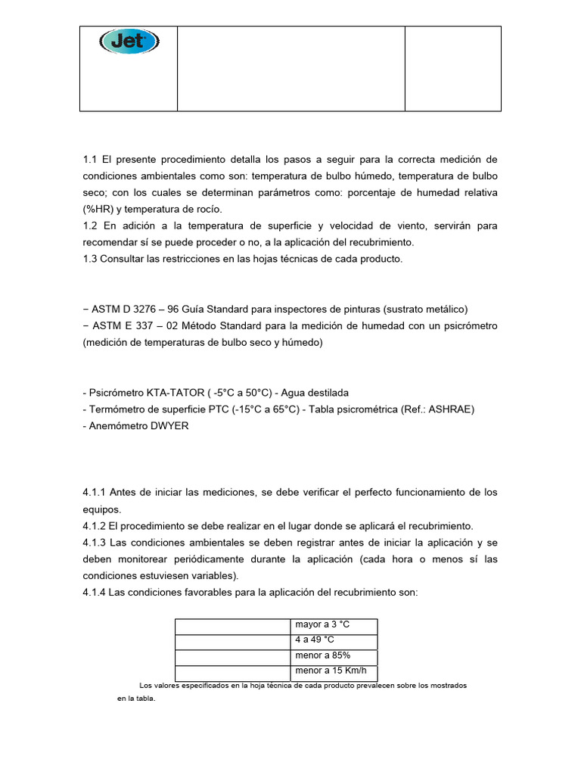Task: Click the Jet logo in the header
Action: click(x=129, y=42)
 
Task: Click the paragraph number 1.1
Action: click(x=91, y=160)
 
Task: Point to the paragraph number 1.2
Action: click(x=91, y=226)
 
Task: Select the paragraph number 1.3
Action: click(x=91, y=260)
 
